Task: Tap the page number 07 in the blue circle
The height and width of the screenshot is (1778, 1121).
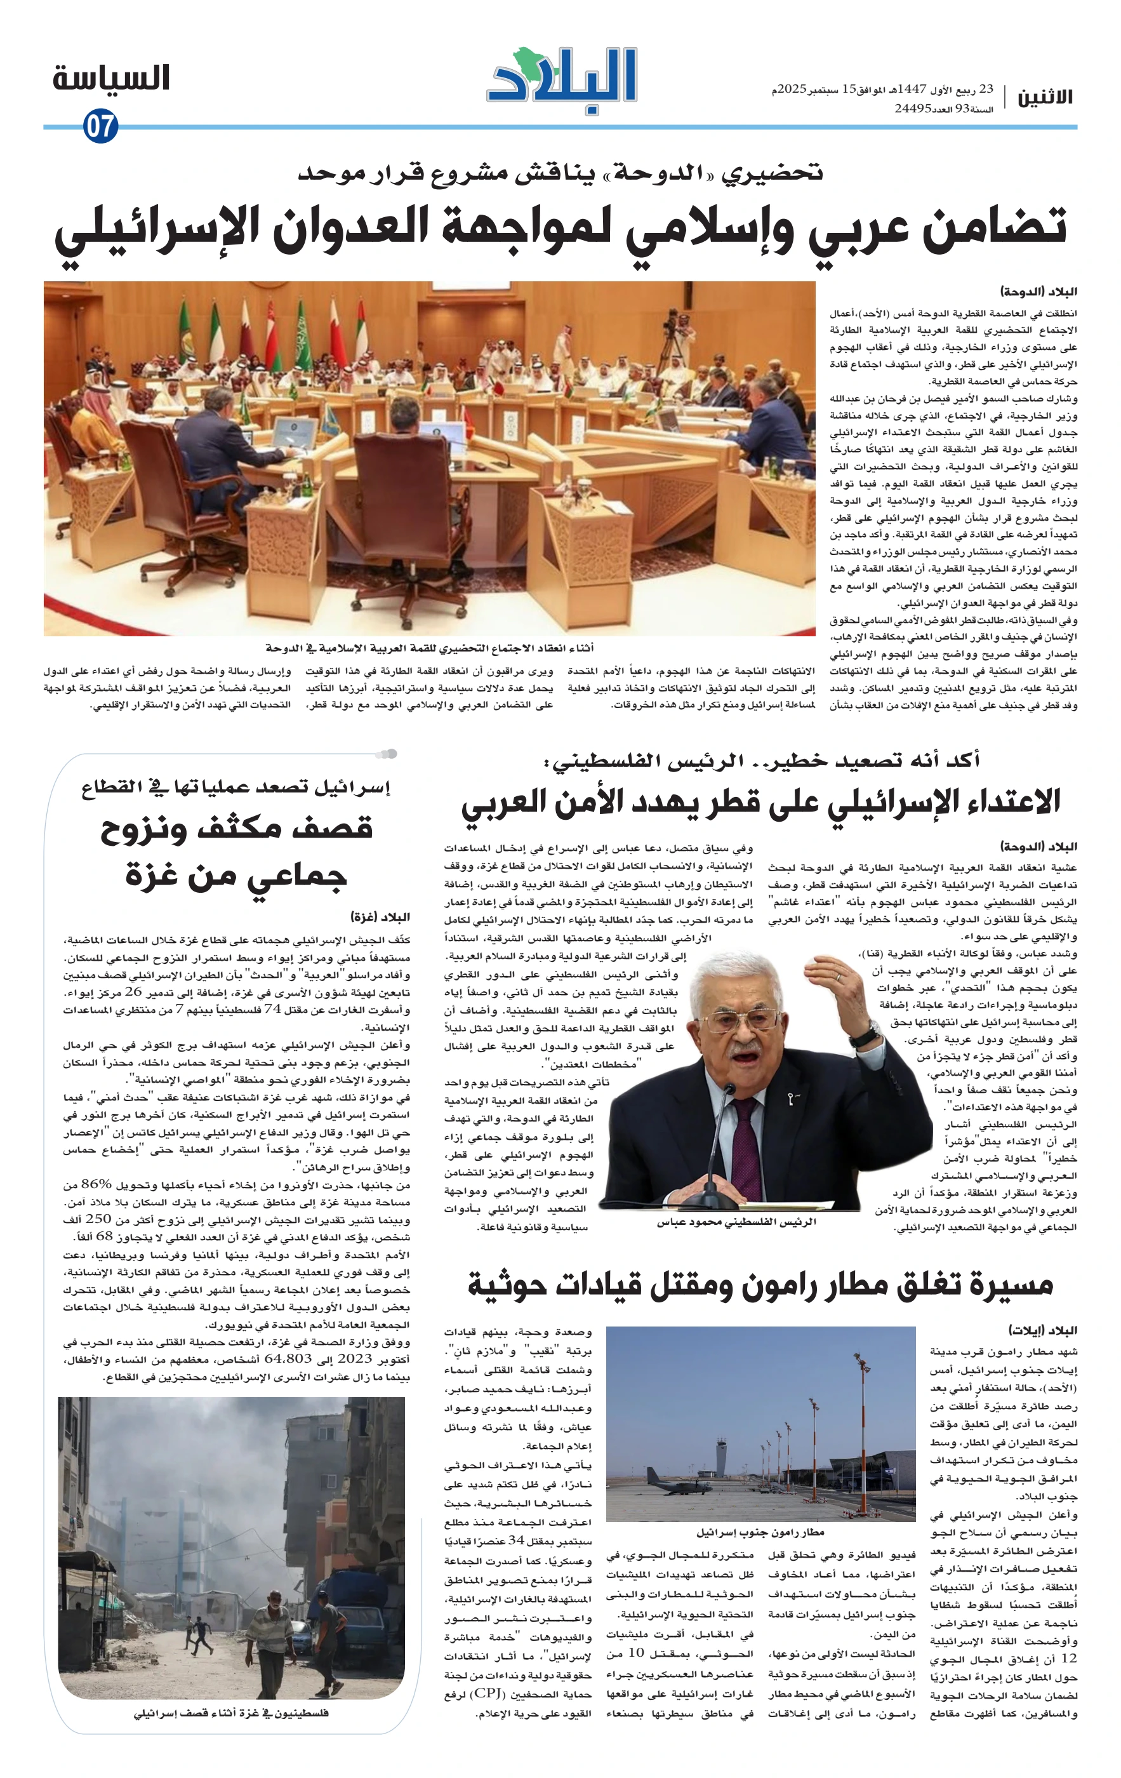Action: [100, 126]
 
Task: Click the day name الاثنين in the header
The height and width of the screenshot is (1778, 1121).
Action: [1045, 97]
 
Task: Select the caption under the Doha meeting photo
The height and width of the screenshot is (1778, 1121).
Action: [430, 648]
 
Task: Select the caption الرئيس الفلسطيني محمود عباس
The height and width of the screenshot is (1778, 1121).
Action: [736, 1222]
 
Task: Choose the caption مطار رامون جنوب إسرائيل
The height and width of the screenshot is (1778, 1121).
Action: [760, 1532]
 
